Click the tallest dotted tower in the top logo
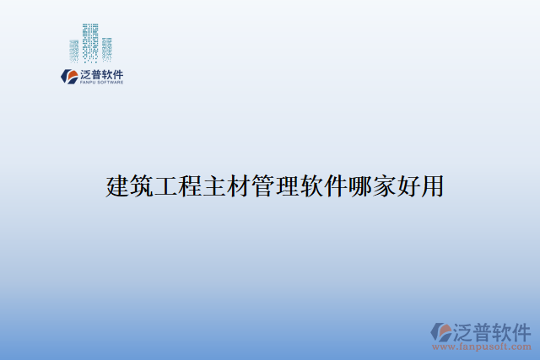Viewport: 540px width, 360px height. click(90, 42)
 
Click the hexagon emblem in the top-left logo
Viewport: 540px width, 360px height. click(67, 76)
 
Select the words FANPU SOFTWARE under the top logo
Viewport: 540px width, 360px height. click(101, 83)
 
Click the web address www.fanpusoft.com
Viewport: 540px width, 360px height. click(482, 347)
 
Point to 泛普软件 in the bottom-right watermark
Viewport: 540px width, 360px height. click(492, 330)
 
